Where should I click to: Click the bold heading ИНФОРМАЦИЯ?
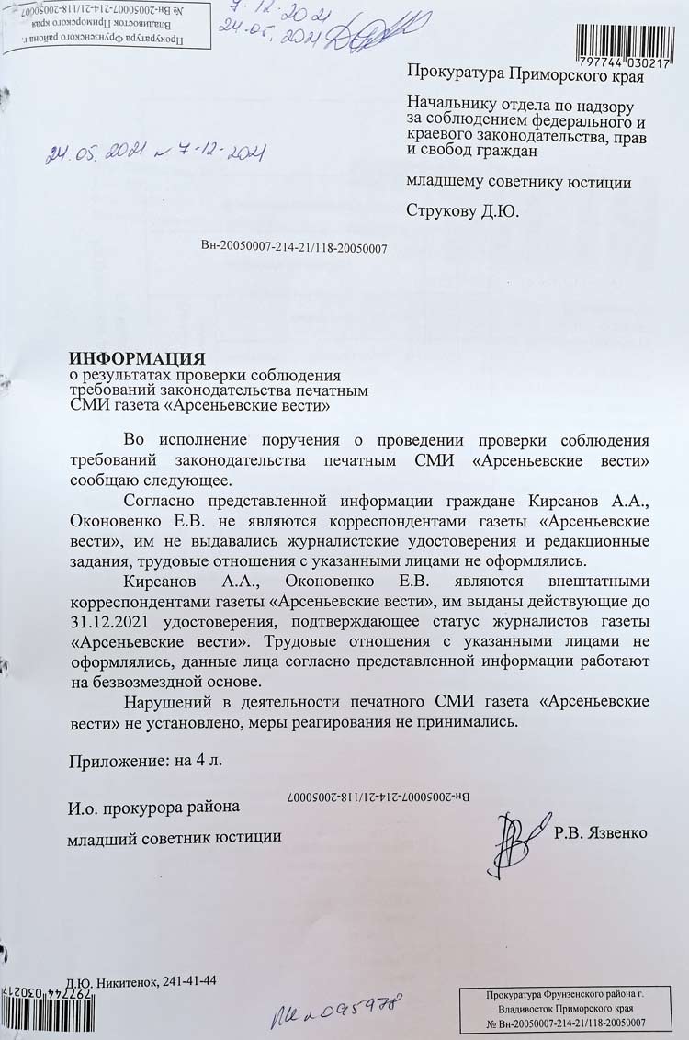click(x=138, y=357)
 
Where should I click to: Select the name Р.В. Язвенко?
click(x=601, y=833)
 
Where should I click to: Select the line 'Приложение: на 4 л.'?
click(x=144, y=761)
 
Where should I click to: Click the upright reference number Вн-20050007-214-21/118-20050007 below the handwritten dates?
click(x=293, y=247)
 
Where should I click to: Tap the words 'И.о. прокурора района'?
click(x=153, y=808)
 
